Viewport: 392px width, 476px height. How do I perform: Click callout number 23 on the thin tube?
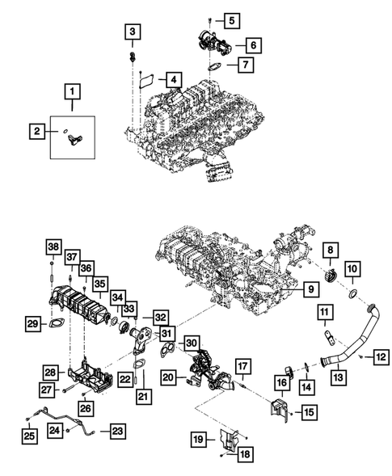coord(118,431)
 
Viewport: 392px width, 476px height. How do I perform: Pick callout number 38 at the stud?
coord(53,246)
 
